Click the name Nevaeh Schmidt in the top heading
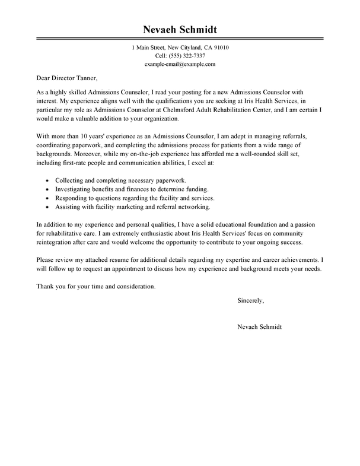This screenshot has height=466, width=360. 180,30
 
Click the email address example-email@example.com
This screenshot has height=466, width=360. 180,64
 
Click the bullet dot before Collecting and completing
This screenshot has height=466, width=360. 47,180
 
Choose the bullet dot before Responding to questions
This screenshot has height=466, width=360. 47,198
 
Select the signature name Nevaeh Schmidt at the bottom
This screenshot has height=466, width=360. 259,327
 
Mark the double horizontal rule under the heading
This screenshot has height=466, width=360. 180,40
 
